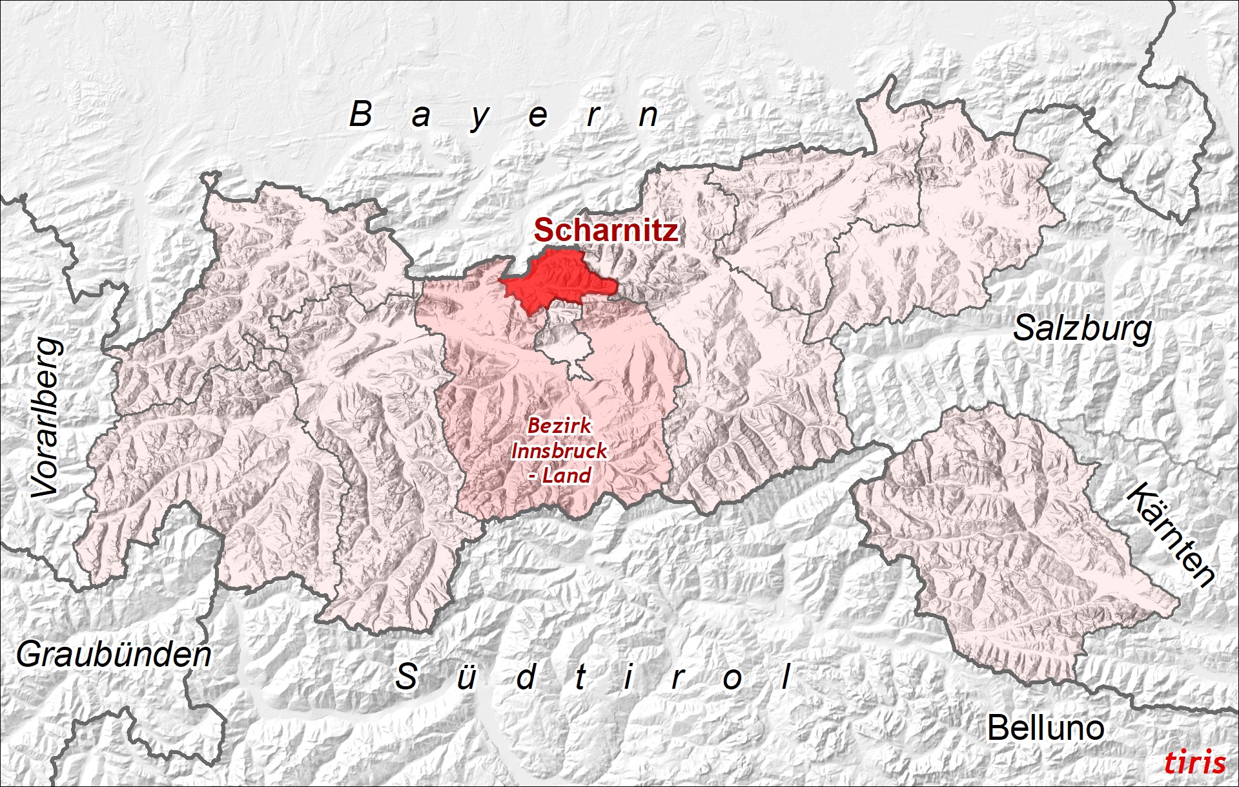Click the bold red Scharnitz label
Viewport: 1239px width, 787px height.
tap(606, 231)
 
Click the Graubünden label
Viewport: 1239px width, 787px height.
tap(114, 655)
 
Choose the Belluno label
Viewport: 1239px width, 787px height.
tap(1045, 728)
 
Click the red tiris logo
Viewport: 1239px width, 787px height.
tap(1194, 762)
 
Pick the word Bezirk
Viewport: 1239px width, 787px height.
tap(559, 426)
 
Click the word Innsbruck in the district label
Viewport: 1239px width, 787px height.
tap(559, 450)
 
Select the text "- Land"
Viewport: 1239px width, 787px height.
tap(559, 476)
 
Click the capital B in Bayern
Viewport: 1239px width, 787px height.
tap(361, 114)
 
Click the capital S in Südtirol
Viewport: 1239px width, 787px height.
tap(406, 677)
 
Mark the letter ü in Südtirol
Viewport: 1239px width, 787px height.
tap(466, 678)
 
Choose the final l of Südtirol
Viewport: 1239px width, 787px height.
tap(786, 677)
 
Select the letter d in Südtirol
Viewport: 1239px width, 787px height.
tap(526, 677)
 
